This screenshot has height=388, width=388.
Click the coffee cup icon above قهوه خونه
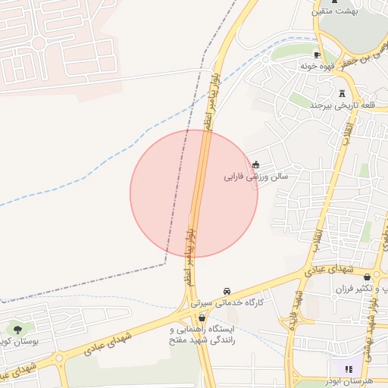pos(318,55)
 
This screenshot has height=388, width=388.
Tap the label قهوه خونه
pos(318,67)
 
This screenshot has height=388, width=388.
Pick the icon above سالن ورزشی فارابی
pos(255,164)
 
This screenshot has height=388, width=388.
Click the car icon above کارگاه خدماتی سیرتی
pos(227,291)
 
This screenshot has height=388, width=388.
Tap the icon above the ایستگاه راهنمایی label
pos(201,318)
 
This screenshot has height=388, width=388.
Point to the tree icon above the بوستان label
pos(17,330)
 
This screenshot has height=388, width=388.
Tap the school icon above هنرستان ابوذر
pos(349,370)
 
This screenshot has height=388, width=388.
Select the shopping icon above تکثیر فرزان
pos(368,277)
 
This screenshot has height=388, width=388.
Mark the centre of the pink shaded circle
pos(194,193)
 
